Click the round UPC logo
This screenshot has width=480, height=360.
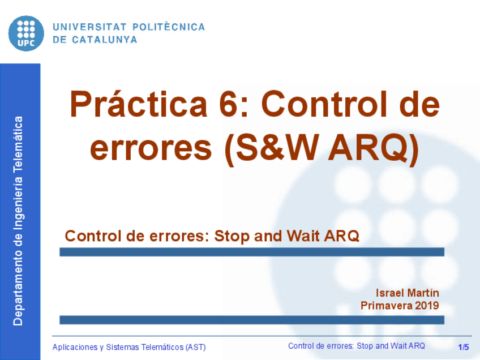(26, 33)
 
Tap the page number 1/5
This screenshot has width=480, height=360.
(464, 346)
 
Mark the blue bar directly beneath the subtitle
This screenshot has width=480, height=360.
(252, 252)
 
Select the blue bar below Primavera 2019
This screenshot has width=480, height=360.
(252, 320)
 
